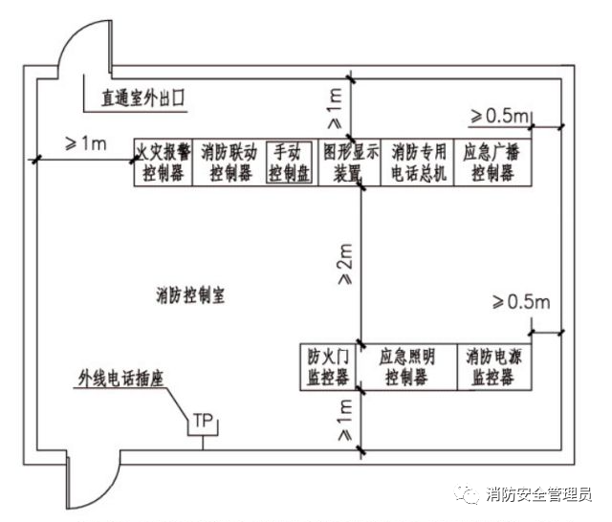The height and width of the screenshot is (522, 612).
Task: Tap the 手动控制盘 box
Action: [289, 163]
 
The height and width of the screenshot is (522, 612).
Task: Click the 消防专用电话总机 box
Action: [418, 163]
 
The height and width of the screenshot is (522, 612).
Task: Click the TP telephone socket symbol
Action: [202, 422]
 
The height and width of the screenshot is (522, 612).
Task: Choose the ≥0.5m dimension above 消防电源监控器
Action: [521, 303]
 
